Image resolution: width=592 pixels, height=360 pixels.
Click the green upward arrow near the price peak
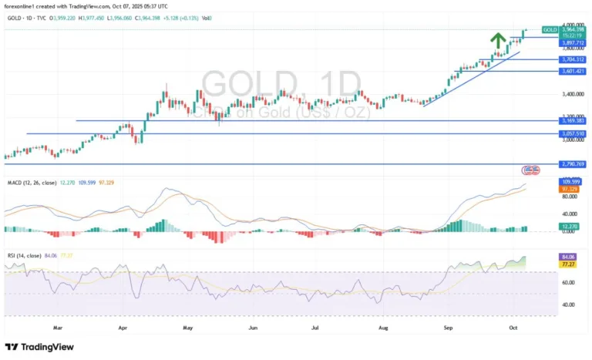[499, 39]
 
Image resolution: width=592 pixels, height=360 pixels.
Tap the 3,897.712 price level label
[573, 44]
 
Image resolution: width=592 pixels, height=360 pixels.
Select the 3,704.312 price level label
[573, 59]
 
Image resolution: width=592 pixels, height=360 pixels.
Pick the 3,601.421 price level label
[573, 72]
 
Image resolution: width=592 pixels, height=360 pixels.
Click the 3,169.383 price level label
[573, 121]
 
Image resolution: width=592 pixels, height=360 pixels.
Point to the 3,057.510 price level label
[573, 133]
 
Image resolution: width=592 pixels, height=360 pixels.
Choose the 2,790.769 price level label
[573, 164]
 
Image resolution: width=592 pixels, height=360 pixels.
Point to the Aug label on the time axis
[383, 328]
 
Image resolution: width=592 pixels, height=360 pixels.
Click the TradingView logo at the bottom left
[40, 347]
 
